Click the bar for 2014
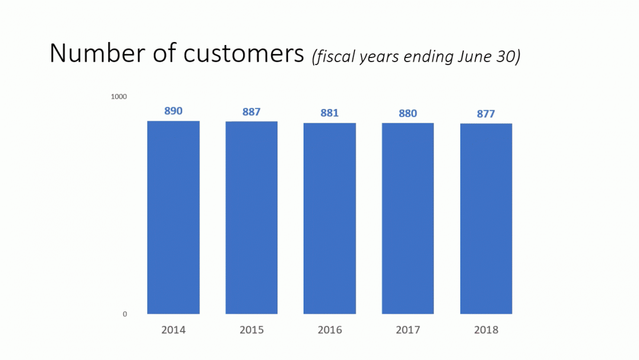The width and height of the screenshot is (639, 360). (173, 217)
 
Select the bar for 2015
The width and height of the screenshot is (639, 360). (251, 217)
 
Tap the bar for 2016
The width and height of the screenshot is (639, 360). (330, 218)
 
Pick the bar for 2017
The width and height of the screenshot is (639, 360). (408, 218)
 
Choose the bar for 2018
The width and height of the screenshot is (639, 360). (486, 218)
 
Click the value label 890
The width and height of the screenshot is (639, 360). (173, 111)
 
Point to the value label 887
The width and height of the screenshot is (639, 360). (251, 112)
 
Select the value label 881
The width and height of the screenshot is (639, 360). (330, 113)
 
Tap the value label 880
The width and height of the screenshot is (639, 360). (408, 113)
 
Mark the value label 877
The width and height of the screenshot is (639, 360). (486, 114)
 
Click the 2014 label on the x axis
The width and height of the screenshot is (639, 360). (173, 330)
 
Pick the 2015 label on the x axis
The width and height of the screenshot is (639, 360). (251, 330)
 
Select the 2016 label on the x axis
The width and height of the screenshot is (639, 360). (330, 330)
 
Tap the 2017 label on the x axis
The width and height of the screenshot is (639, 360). (408, 330)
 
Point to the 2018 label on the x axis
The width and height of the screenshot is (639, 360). (486, 330)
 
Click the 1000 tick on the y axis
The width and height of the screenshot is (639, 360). (119, 97)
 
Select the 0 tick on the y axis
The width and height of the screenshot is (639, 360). (125, 314)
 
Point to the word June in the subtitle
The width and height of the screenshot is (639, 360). (473, 57)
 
